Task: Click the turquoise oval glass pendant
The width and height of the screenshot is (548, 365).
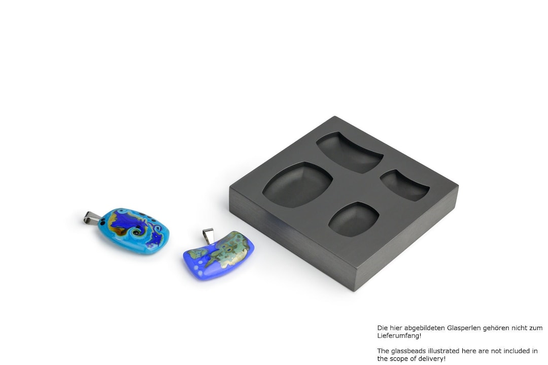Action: tap(133, 231)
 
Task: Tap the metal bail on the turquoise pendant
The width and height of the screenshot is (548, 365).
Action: tap(92, 218)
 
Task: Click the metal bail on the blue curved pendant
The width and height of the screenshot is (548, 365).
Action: tap(209, 236)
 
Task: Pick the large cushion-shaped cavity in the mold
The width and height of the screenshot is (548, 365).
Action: tap(297, 185)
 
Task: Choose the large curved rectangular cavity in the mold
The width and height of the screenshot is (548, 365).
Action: tap(350, 152)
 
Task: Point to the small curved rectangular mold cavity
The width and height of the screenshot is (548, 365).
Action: tap(405, 185)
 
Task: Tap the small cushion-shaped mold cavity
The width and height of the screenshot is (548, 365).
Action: tap(354, 219)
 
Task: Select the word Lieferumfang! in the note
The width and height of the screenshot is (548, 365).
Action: tap(399, 336)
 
